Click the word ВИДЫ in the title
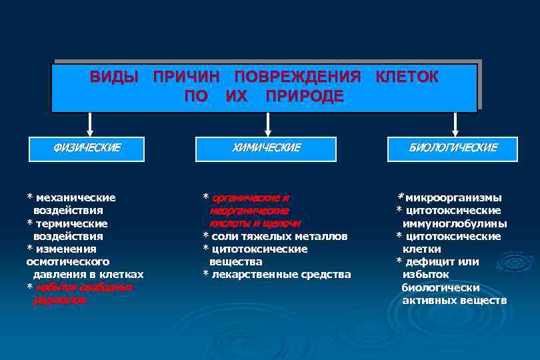(114, 77)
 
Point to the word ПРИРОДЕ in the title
(305, 96)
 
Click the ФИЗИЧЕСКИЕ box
(87, 148)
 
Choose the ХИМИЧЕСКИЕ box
(266, 148)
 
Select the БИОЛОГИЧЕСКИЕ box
(453, 148)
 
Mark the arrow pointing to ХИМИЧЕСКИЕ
(267, 124)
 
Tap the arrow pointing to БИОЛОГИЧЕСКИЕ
(455, 124)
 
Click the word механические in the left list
(75, 198)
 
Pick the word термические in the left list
(71, 223)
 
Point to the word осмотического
(68, 261)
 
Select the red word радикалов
(59, 300)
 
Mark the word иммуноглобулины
(454, 223)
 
